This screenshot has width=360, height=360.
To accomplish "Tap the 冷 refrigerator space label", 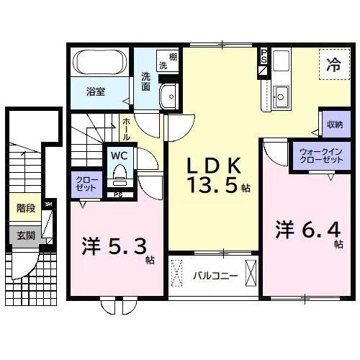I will click(333, 64).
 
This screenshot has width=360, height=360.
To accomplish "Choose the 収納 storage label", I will click(333, 124).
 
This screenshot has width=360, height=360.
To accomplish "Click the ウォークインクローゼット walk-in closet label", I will click(315, 156).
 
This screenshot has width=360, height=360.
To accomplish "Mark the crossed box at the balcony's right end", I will click(251, 274).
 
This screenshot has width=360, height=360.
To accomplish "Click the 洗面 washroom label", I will click(145, 81).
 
